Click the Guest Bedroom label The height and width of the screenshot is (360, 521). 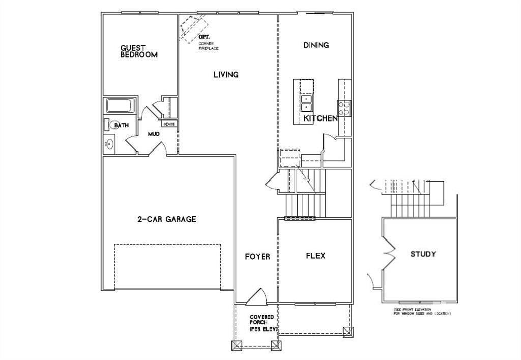tap(138, 51)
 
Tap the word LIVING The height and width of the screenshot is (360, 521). tap(225, 75)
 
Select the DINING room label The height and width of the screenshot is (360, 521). tap(316, 45)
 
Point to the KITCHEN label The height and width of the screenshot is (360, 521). tap(321, 118)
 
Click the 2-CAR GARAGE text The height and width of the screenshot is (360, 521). tap(166, 219)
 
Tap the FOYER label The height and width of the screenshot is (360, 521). tap(257, 256)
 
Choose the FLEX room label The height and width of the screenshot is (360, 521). tap(315, 256)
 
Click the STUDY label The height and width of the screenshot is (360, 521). tap(423, 254)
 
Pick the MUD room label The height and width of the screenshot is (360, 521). tap(154, 134)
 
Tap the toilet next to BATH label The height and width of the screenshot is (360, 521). tap(108, 125)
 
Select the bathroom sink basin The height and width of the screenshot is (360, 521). tap(110, 145)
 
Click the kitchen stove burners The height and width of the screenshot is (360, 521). tap(344, 108)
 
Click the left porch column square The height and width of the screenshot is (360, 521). tap(237, 346)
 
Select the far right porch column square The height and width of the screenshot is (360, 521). tap(348, 333)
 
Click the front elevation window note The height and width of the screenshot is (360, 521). tap(422, 311)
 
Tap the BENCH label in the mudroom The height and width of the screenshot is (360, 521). tap(169, 124)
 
